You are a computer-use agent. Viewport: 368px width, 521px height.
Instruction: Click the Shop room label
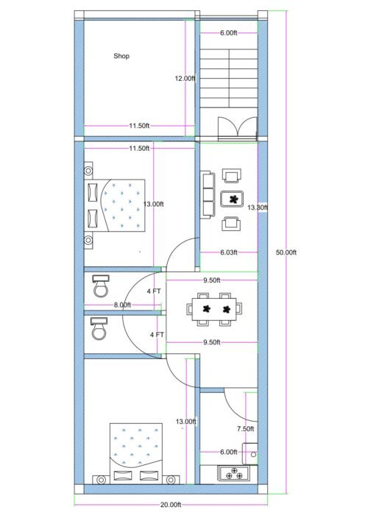tap(121, 56)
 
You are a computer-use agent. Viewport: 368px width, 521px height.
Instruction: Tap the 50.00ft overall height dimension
tap(286, 252)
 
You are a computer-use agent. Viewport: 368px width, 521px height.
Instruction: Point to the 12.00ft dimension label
tap(185, 78)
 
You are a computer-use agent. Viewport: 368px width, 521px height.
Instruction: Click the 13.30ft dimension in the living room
tap(258, 208)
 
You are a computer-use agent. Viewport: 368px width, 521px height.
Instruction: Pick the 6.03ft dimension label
tap(228, 252)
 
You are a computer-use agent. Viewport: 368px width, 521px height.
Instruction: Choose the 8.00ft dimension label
tap(121, 305)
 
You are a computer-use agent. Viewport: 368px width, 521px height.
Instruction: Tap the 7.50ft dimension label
tap(246, 428)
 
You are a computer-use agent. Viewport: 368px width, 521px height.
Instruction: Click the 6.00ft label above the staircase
tap(228, 33)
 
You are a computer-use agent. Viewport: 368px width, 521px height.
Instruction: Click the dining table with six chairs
tap(214, 307)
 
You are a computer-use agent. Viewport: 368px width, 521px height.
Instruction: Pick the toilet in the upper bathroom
tap(100, 286)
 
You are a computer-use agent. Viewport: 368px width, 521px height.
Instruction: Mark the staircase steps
tap(228, 78)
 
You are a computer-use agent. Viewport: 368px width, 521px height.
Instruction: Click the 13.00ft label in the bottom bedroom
tap(186, 422)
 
